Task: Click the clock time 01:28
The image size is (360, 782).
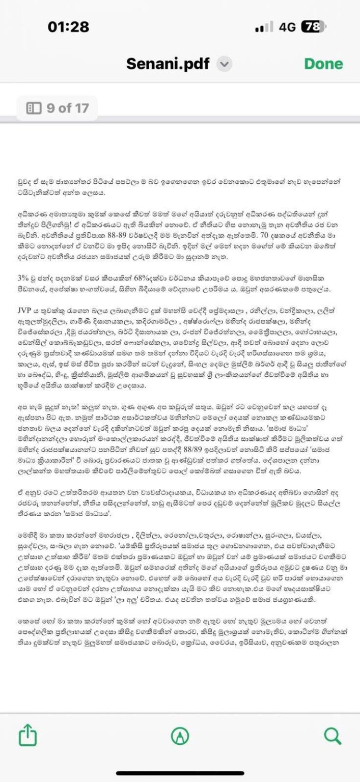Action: (68, 27)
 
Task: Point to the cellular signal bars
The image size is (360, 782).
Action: (264, 27)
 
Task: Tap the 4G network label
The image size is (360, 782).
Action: (287, 27)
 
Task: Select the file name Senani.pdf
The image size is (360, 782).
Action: (168, 64)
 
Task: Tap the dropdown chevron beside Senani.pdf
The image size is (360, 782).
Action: (225, 64)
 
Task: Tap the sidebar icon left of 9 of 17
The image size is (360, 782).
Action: (34, 108)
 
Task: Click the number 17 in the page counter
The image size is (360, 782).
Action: (81, 108)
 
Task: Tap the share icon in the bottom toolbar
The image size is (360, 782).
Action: (28, 735)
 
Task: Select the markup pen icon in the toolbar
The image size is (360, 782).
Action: (180, 735)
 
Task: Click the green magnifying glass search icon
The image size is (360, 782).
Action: (332, 735)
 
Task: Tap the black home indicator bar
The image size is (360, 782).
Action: (180, 773)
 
